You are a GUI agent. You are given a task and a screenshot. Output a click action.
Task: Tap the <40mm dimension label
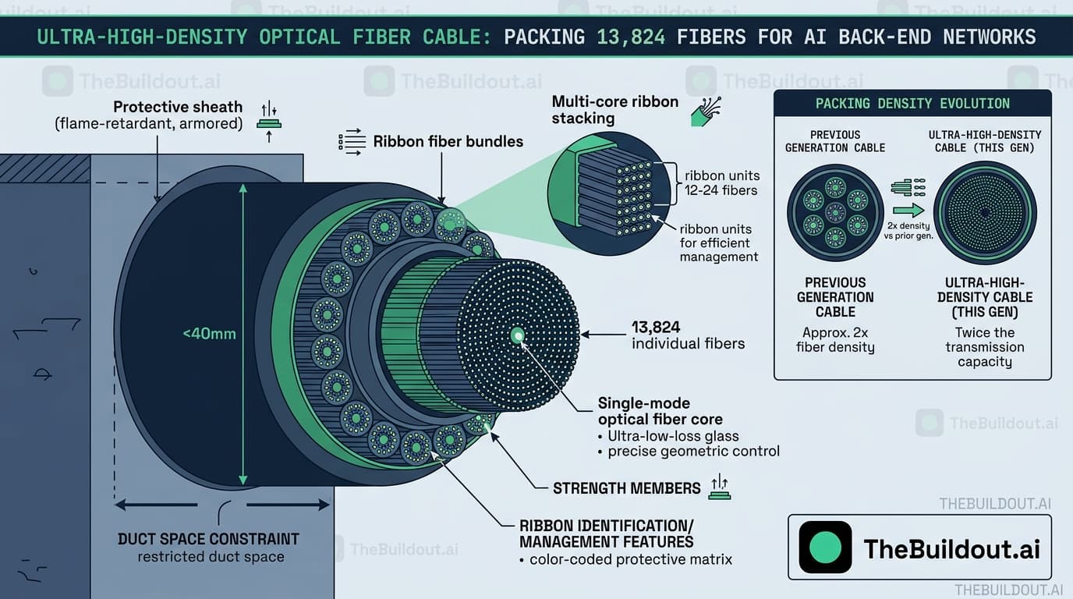(x=209, y=334)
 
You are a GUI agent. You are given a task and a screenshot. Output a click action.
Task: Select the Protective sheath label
(x=178, y=107)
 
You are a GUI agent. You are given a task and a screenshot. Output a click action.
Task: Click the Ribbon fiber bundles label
(x=448, y=141)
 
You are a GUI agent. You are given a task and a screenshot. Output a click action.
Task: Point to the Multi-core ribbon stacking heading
(x=614, y=110)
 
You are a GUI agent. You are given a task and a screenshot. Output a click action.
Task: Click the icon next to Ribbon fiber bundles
(x=352, y=141)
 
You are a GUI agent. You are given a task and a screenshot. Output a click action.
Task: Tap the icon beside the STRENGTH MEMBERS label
(x=719, y=487)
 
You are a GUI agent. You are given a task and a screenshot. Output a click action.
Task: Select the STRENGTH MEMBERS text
(x=626, y=488)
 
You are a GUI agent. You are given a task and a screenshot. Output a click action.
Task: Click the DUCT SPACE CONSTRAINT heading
(x=208, y=539)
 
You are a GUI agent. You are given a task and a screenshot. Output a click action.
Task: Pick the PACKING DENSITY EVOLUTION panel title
(x=912, y=104)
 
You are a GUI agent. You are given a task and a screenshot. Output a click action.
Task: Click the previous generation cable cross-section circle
(x=835, y=212)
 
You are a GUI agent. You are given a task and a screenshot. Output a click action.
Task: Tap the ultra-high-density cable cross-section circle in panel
(x=985, y=212)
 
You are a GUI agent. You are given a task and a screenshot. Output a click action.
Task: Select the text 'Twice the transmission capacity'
(x=985, y=347)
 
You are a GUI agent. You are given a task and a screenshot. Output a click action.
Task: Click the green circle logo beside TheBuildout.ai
(x=825, y=548)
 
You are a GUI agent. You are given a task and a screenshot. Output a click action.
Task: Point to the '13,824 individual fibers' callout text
(x=688, y=335)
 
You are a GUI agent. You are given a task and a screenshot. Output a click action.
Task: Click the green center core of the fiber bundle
(x=517, y=335)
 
